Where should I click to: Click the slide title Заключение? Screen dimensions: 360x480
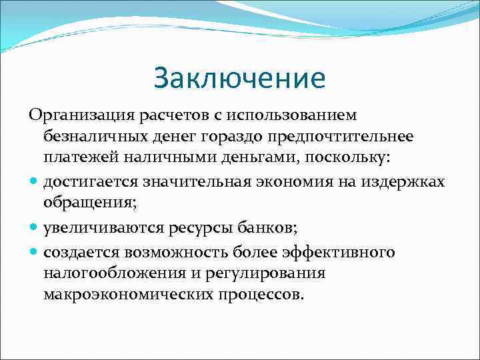click(239, 77)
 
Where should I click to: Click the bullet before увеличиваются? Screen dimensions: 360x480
click(34, 228)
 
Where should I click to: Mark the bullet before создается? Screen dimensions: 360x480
click(34, 253)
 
